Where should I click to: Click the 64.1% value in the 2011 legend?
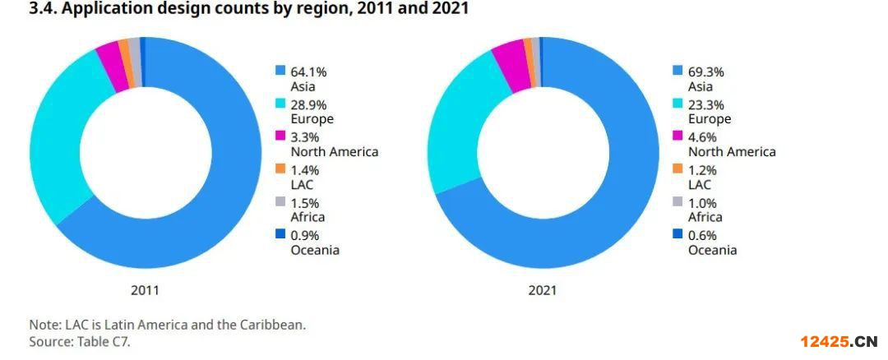pos(308,72)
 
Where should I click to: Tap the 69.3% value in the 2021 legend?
pos(706,72)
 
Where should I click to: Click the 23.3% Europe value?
pos(706,105)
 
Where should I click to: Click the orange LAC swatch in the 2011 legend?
pos(280,169)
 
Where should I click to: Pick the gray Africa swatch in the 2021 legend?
pos(678,202)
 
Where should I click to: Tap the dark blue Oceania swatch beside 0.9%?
pos(280,235)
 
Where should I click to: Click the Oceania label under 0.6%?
pos(712,250)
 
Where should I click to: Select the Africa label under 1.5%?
pos(308,217)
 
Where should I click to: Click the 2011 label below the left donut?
pos(145,290)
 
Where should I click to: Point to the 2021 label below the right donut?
pos(542,290)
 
